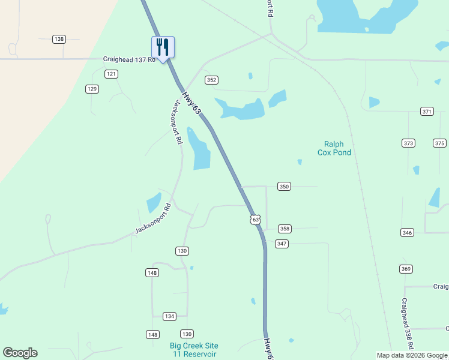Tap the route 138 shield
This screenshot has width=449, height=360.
point(59,39)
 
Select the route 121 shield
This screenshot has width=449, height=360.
point(111,74)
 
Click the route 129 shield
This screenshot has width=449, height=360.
point(92,89)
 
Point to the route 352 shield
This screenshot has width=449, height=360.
point(211,80)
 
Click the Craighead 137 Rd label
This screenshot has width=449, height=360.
point(129,59)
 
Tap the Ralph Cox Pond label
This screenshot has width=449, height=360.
point(334,148)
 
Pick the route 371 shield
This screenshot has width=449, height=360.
point(427,112)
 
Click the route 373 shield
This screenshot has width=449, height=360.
point(409,143)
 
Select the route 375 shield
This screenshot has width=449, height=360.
point(440,143)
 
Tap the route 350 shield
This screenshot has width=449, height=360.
point(285,187)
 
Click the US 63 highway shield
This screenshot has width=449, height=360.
point(256,220)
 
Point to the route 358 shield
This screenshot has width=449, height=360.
point(285,229)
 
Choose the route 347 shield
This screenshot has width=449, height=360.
point(282,244)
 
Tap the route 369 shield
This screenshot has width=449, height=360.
point(406,269)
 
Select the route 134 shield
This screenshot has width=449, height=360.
point(169,316)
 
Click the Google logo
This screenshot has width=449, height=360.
point(20,353)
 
